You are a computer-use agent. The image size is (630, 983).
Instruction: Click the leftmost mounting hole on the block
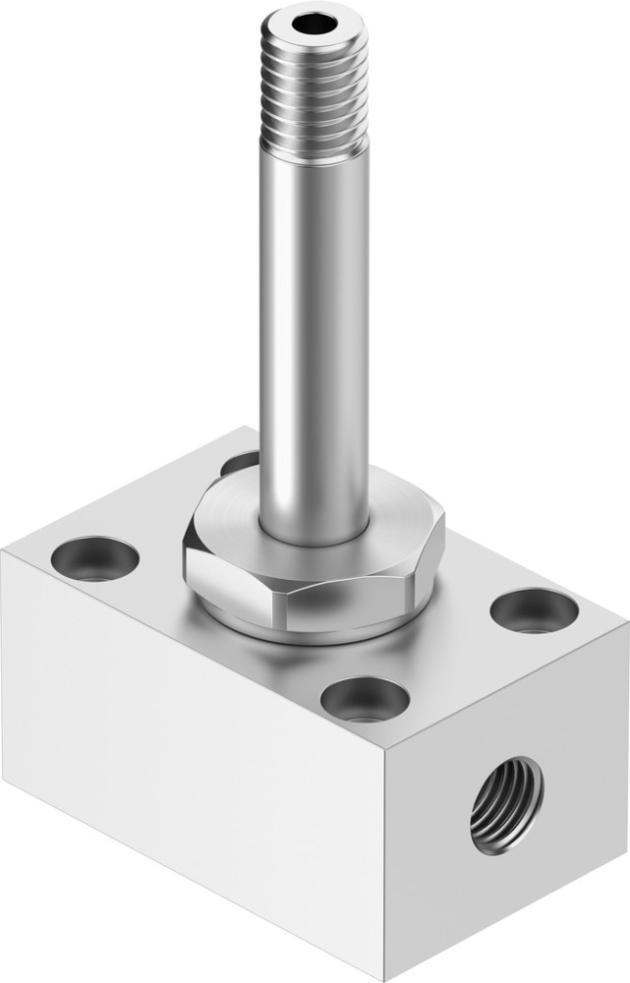(x=94, y=557)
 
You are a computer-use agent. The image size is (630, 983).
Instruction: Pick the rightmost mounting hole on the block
(x=534, y=610)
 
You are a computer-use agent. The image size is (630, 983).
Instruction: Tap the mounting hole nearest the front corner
(x=365, y=699)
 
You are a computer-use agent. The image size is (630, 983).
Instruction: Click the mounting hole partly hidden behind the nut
(x=239, y=462)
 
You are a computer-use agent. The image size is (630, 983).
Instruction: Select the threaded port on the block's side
(x=505, y=803)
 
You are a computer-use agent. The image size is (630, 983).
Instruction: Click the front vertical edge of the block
(x=385, y=865)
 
